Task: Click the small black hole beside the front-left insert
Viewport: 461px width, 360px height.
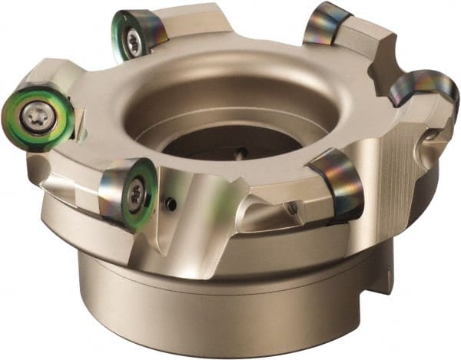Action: [171, 204]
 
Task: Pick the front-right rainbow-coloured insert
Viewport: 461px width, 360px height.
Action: [339, 183]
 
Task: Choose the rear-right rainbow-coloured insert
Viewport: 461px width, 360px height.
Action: [326, 25]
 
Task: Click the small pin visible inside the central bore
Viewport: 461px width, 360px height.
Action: [240, 154]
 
